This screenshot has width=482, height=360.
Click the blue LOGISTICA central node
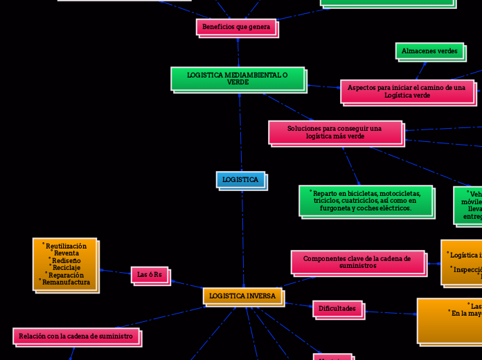240,180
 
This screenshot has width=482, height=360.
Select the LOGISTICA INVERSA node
242,296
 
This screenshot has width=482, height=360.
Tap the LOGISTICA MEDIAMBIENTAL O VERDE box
238,78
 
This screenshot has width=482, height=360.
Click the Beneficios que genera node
236,26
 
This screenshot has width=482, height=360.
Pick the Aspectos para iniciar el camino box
407,91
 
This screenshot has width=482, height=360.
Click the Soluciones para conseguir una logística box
334,132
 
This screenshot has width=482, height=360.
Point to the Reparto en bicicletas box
366,201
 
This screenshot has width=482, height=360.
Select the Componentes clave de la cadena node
357,262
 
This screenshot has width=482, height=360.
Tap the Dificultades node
337,308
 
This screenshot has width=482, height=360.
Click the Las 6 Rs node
150,275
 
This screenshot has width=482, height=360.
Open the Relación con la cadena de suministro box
75,336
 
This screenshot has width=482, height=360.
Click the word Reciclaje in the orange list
66,267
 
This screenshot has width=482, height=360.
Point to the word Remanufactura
66,282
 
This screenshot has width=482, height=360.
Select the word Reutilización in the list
66,246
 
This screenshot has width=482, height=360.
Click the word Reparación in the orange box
66,275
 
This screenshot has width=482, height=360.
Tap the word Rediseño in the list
66,260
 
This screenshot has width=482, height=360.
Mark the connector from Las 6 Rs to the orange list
114,271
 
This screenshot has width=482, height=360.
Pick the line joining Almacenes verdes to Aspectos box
418,70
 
